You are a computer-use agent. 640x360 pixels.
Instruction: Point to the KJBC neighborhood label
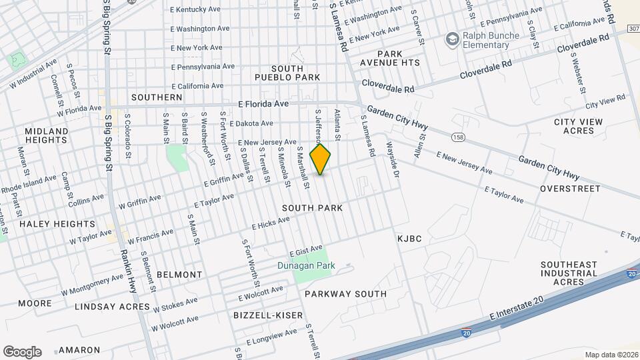410,239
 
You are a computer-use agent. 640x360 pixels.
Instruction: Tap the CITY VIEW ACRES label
578,126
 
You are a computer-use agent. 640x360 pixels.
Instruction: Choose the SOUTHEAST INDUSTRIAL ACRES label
569,273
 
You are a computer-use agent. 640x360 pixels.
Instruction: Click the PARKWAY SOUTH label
345,294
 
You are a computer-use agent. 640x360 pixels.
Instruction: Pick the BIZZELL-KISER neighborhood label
269,315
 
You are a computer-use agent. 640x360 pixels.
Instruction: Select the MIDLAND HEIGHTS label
47,135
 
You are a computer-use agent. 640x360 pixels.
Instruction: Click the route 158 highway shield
458,137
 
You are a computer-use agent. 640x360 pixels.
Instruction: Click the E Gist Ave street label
306,251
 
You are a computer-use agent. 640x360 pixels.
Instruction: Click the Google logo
22,351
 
